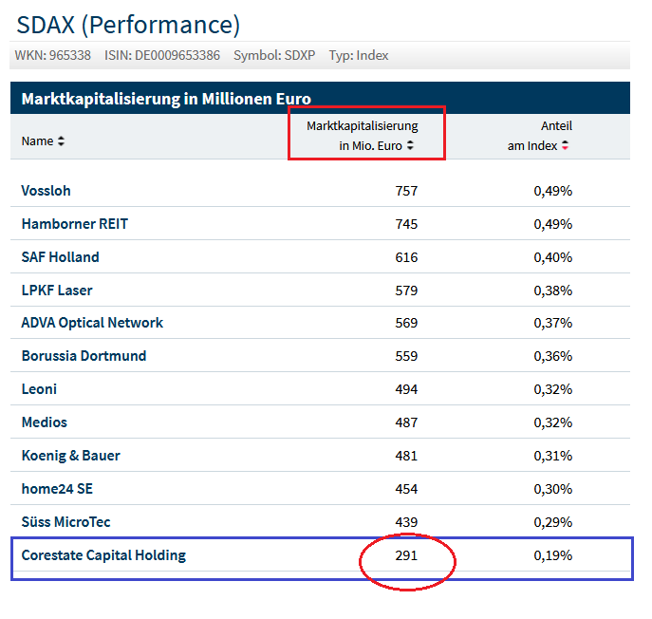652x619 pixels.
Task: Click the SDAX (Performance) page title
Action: (128, 24)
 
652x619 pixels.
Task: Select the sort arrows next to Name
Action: (62, 141)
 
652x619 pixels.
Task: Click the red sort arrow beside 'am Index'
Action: (566, 146)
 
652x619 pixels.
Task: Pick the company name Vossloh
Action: (46, 191)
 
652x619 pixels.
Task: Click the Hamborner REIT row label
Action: (74, 224)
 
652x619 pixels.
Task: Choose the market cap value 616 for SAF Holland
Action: (406, 257)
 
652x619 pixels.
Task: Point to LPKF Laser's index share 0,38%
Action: (552, 291)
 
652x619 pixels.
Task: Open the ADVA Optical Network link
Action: (92, 323)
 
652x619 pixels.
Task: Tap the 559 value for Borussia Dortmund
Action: (406, 356)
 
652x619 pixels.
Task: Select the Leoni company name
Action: (39, 389)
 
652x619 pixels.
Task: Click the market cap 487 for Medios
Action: (406, 422)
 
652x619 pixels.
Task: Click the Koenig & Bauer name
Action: (70, 456)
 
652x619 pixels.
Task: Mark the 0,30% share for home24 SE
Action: (552, 489)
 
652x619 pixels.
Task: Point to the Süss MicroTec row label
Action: (66, 522)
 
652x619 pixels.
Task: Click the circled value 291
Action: (406, 555)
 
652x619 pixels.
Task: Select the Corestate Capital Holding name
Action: (103, 555)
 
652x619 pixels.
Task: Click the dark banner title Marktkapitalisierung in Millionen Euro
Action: (166, 99)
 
